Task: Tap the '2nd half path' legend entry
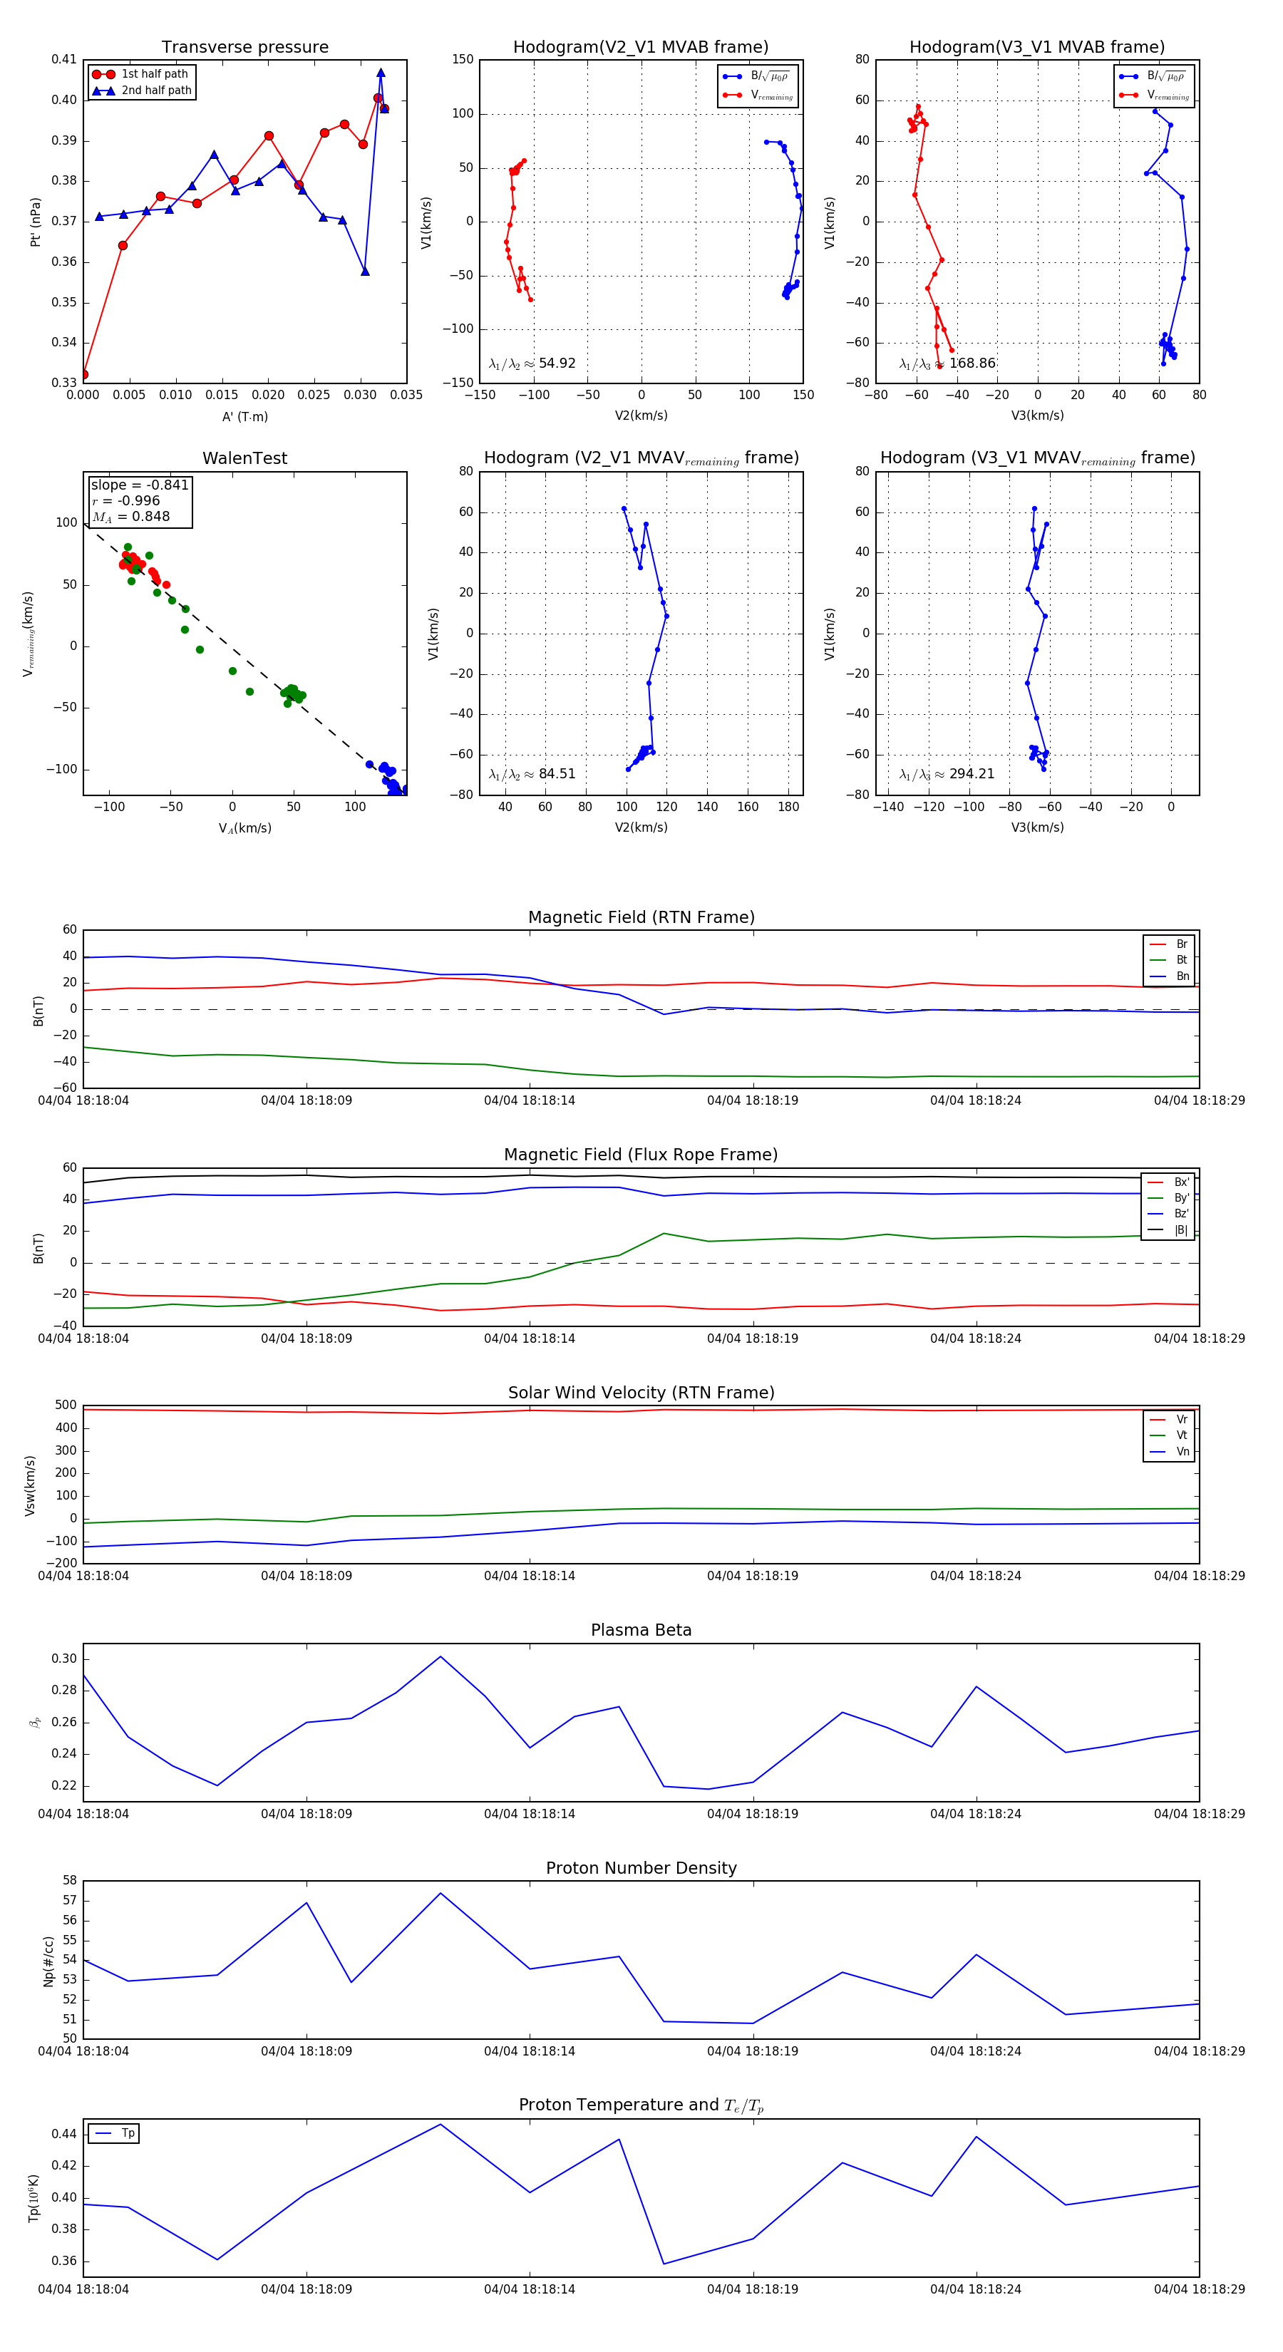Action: pyautogui.click(x=156, y=91)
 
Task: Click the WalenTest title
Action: pyautogui.click(x=244, y=458)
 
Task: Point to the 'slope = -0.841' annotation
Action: pyautogui.click(x=140, y=485)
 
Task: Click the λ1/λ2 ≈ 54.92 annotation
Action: pyautogui.click(x=532, y=363)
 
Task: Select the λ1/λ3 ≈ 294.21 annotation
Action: pyautogui.click(x=947, y=774)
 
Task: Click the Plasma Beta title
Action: pyautogui.click(x=641, y=1631)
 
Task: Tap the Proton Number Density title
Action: pyautogui.click(x=641, y=1868)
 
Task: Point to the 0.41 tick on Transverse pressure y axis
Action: pyautogui.click(x=64, y=59)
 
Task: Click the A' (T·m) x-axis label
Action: pyautogui.click(x=244, y=416)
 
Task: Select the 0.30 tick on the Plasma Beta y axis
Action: pyautogui.click(x=64, y=1659)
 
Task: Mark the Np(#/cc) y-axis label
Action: pyautogui.click(x=48, y=1961)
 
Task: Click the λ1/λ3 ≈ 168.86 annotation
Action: pyautogui.click(x=947, y=363)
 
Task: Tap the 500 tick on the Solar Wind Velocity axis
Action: pyautogui.click(x=66, y=1405)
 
